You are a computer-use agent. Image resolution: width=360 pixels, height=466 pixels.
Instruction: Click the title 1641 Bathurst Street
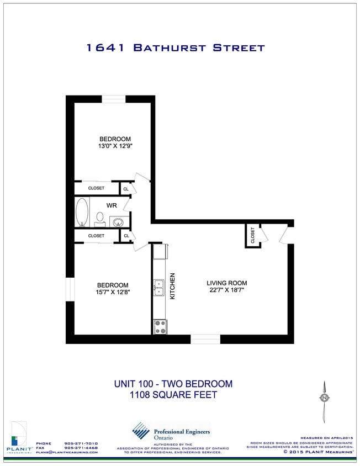point(175,48)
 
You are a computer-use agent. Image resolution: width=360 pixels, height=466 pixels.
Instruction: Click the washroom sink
point(118,223)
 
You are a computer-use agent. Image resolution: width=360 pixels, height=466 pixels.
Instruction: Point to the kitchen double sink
point(159,288)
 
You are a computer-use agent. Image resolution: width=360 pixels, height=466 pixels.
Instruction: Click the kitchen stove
point(160,326)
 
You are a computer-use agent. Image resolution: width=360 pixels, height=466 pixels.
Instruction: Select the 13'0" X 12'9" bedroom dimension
point(115,147)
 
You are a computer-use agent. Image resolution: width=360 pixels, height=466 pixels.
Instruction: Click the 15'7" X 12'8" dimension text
point(112,293)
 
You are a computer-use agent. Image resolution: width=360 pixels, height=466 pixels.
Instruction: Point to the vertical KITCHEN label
point(172,286)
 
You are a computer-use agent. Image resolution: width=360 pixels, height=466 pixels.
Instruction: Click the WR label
point(112,205)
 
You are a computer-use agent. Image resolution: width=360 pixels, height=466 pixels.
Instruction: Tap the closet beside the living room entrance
point(253,236)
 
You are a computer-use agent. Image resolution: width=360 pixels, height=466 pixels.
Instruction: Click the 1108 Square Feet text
point(173,395)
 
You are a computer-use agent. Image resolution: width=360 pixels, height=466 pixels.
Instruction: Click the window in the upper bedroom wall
point(114,99)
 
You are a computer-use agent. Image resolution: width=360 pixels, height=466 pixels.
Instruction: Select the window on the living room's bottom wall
point(205,338)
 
